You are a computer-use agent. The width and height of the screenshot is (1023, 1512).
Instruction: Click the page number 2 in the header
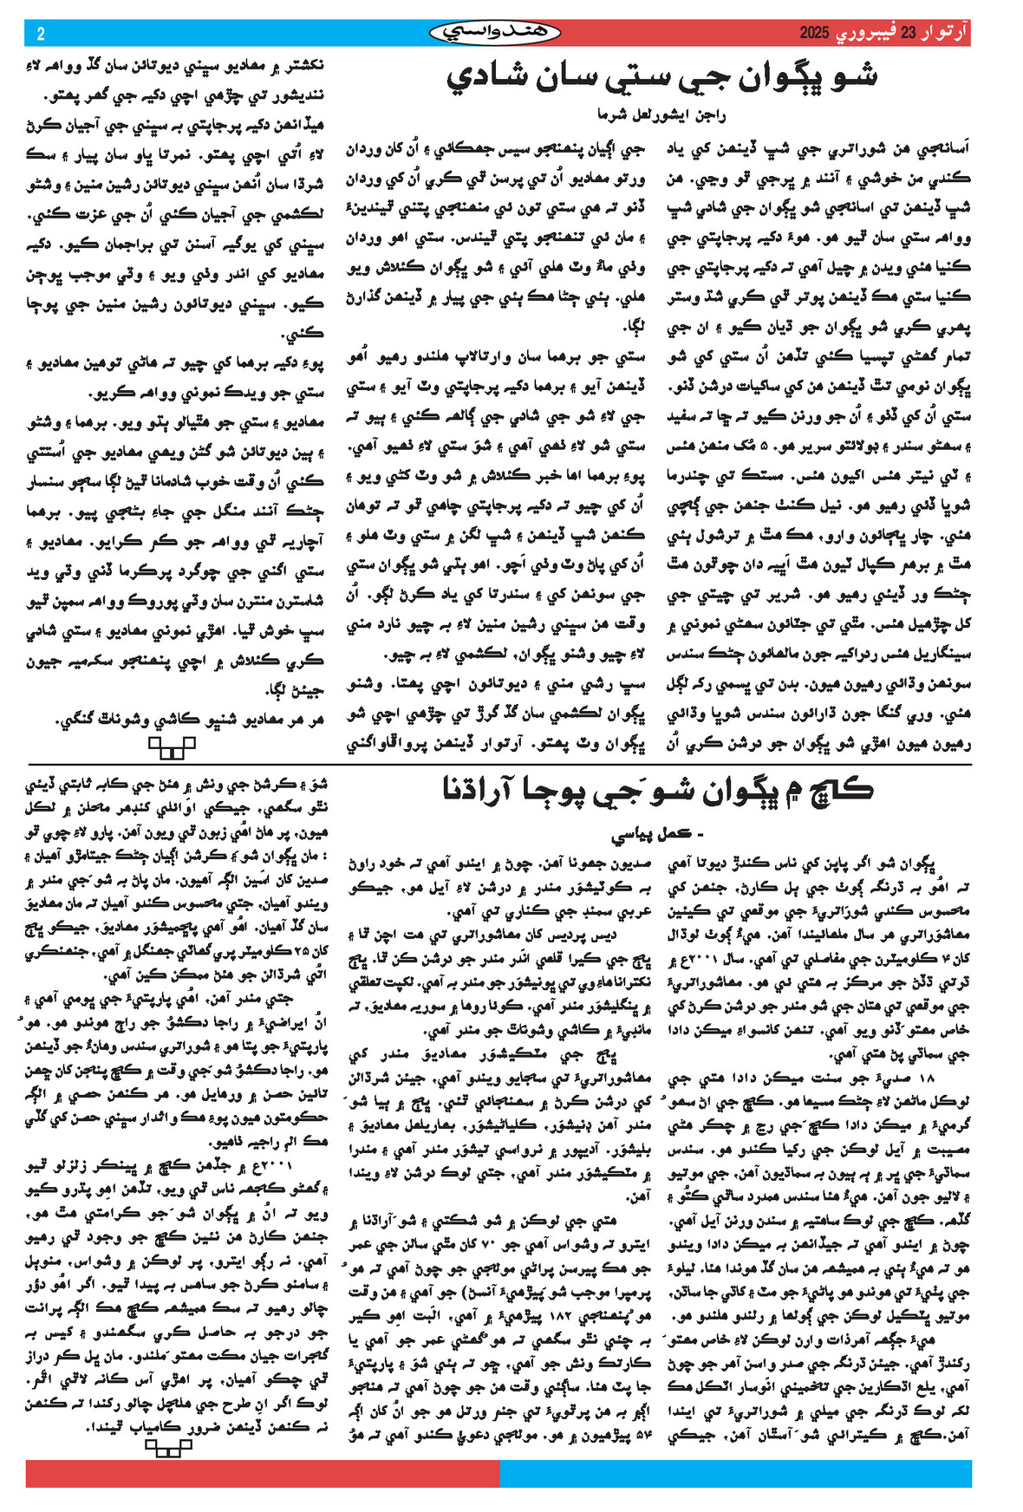click(x=41, y=34)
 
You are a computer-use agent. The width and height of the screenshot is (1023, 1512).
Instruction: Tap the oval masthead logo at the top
click(x=495, y=33)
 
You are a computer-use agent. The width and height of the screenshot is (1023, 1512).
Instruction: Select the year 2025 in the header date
click(x=815, y=34)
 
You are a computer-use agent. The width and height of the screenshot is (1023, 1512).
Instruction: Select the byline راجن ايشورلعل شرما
click(x=661, y=114)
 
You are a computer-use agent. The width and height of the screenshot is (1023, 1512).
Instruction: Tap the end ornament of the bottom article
click(x=168, y=1446)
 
